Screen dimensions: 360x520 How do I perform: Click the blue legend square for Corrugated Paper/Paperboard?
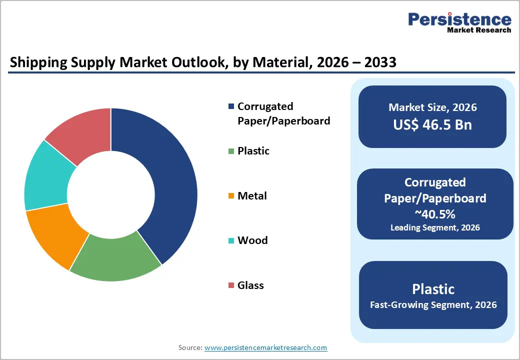[230, 106]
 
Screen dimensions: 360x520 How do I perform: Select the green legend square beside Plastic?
[230, 151]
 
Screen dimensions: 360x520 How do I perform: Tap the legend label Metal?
[252, 196]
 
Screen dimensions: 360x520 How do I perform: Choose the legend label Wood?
[252, 240]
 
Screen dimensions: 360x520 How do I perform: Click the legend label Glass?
[250, 285]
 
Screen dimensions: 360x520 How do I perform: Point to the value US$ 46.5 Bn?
[432, 124]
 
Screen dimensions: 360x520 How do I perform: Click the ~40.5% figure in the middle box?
[435, 213]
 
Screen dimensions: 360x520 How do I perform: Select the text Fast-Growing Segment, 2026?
[433, 304]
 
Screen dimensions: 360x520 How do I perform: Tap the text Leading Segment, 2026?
[435, 227]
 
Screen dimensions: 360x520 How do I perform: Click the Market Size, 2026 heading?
[432, 107]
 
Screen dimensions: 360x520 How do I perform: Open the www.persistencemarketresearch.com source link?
[265, 347]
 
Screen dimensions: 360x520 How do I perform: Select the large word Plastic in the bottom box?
[433, 289]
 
